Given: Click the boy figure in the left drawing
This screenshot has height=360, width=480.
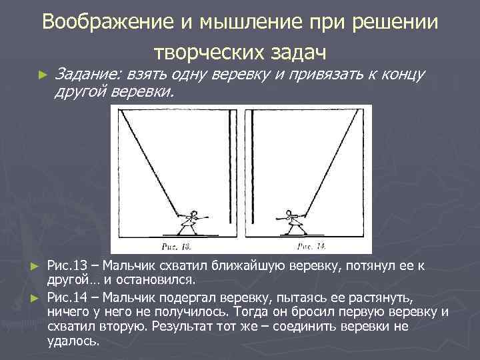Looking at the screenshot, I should [x=191, y=221].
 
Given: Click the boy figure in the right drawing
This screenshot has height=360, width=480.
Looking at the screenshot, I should [x=291, y=221].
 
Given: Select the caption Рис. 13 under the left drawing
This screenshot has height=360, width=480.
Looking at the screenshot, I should [x=176, y=246].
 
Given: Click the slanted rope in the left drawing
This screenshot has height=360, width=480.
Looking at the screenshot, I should [x=149, y=163].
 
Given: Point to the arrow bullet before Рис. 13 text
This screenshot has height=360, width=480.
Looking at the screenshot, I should [x=37, y=267].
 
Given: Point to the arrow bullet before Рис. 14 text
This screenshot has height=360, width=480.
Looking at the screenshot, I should [x=37, y=295].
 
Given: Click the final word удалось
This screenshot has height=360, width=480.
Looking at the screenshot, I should [x=73, y=341].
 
